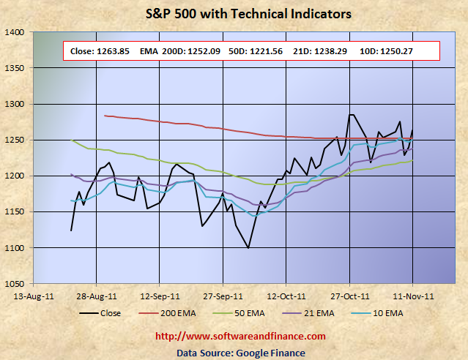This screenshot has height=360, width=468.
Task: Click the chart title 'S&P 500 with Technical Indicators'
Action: pyautogui.click(x=234, y=14)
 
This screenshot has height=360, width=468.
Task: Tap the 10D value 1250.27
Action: pyautogui.click(x=415, y=50)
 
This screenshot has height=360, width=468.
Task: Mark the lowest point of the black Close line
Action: pyautogui.click(x=249, y=248)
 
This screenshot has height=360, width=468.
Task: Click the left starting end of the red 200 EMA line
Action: pyautogui.click(x=105, y=116)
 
